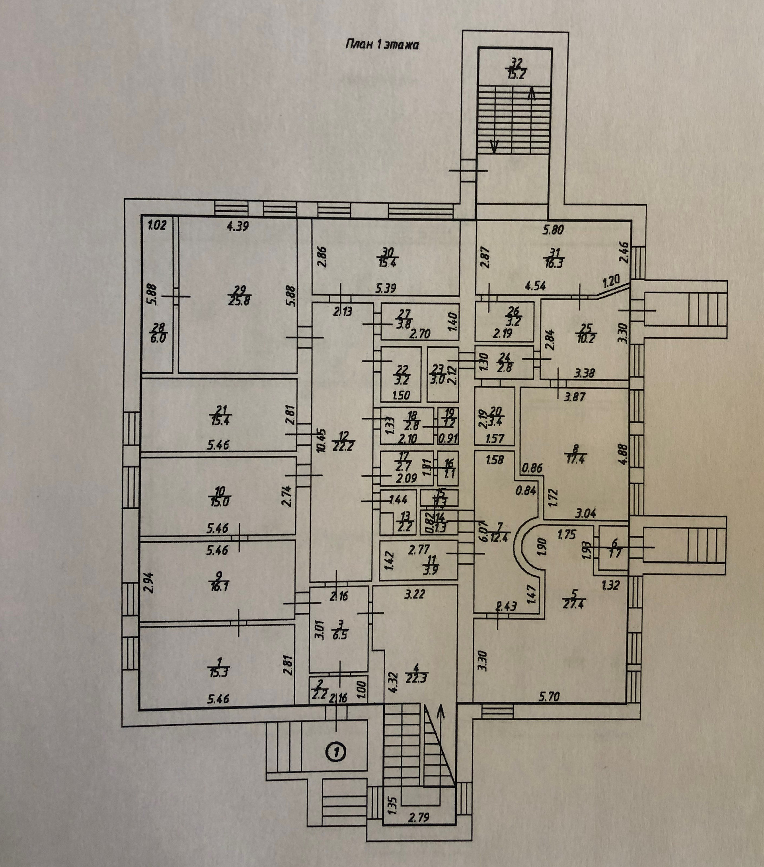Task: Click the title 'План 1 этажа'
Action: point(381,45)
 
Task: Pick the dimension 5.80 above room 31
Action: point(553,230)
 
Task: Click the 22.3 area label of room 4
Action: point(417,678)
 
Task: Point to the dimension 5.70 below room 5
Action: point(550,696)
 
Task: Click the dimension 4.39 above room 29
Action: point(238,226)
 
